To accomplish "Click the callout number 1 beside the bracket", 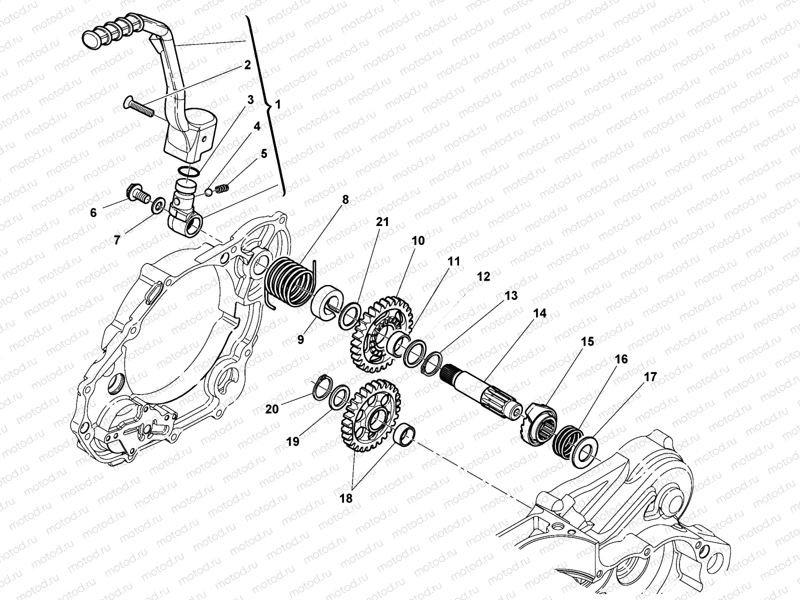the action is (278, 104).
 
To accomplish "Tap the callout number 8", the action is (345, 199).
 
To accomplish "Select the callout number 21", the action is (382, 221).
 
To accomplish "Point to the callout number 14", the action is (540, 313).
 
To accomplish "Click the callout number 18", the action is (346, 498).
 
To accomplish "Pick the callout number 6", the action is (93, 213).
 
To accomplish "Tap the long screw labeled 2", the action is (139, 104).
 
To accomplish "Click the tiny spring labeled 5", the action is (221, 188).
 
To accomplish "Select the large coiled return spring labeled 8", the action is (291, 280).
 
